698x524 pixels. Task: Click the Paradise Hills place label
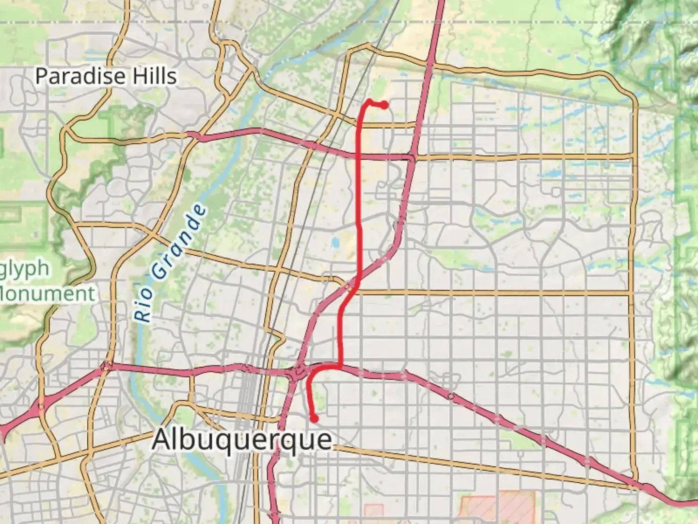pyautogui.click(x=106, y=76)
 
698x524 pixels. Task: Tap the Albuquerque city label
pyautogui.click(x=242, y=440)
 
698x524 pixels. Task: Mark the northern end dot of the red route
pyautogui.click(x=384, y=105)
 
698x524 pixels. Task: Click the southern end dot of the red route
pyautogui.click(x=315, y=419)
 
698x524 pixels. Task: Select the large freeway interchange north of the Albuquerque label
pyautogui.click(x=297, y=373)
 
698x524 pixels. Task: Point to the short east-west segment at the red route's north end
pyautogui.click(x=377, y=103)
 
